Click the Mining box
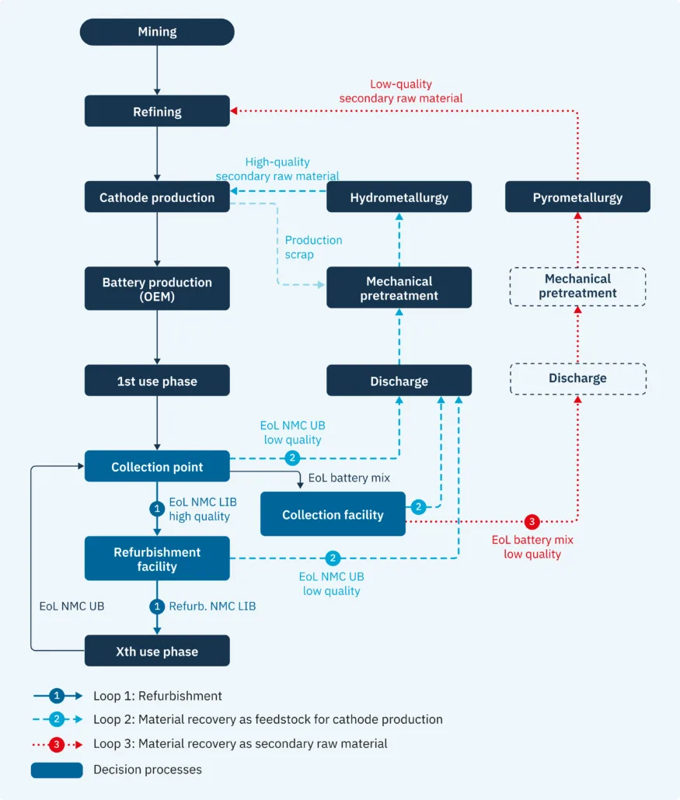157,32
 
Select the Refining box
157,111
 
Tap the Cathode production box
157,197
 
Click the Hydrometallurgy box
399,197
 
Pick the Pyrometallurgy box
578,197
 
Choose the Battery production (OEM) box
157,288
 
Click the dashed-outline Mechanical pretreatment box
578,287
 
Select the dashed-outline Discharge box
578,378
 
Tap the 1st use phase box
157,380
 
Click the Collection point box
157,466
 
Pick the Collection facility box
333,513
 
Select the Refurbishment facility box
157,558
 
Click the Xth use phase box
157,651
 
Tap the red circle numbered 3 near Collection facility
532,521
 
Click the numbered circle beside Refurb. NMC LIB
157,606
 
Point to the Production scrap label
313,247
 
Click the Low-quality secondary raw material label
401,91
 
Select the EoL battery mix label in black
349,478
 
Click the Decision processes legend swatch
57,770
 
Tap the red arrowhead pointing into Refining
233,111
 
